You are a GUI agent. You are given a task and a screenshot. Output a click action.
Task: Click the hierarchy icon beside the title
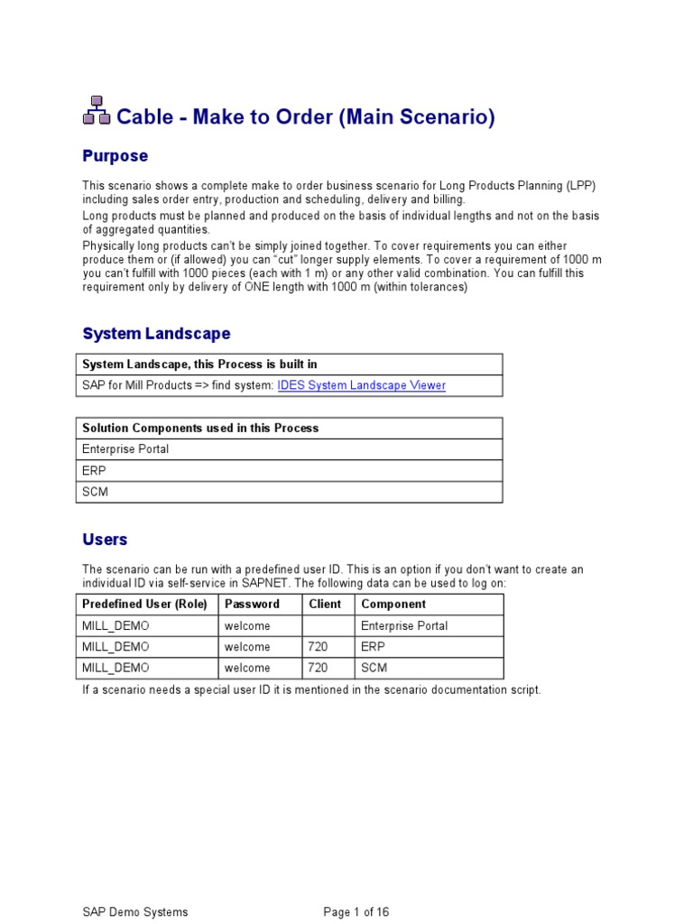tap(97, 111)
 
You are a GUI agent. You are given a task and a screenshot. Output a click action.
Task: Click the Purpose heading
tap(115, 156)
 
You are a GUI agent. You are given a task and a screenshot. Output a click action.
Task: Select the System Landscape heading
tap(156, 334)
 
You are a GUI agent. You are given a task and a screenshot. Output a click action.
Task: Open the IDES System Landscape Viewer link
tap(361, 385)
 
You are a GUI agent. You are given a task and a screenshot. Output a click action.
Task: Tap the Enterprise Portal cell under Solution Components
tap(125, 449)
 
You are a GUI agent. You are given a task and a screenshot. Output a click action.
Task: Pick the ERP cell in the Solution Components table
tap(94, 470)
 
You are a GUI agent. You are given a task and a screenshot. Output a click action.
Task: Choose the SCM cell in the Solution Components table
tap(95, 492)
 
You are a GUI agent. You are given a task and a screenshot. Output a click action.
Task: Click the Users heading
tap(105, 540)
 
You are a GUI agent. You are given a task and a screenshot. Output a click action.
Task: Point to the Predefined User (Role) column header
tap(144, 604)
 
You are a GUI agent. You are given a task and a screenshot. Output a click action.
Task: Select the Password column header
tap(252, 604)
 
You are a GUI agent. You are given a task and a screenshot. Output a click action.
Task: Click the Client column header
tap(325, 604)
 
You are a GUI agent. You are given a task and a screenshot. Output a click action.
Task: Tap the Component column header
tap(393, 604)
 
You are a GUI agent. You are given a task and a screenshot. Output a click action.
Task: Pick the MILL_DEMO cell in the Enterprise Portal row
tap(115, 625)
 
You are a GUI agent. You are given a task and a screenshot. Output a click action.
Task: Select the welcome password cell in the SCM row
tap(247, 669)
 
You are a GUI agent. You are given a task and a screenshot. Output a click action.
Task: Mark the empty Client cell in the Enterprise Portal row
tap(328, 625)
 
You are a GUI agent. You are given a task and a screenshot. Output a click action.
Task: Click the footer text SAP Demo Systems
tap(135, 912)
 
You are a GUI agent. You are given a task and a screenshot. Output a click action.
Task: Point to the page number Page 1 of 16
tap(356, 912)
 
